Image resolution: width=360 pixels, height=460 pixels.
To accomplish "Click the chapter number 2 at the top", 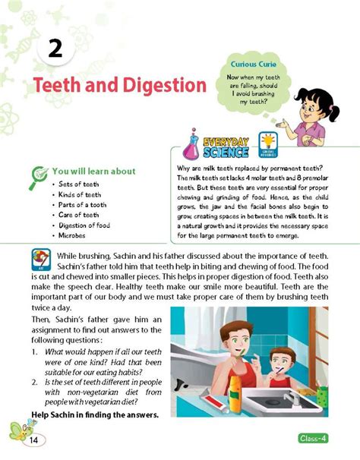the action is (55, 50).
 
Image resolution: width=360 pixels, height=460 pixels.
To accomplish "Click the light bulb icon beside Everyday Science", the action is (267, 141).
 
